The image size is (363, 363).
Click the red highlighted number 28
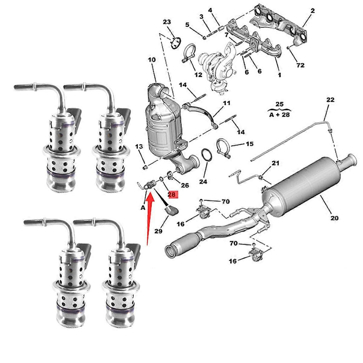pyautogui.click(x=172, y=194)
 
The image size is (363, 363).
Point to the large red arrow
pyautogui.click(x=149, y=216)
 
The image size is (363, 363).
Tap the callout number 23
pyautogui.click(x=167, y=22)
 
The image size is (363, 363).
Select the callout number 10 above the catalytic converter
pyautogui.click(x=152, y=60)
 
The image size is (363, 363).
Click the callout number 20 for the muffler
pyautogui.click(x=334, y=218)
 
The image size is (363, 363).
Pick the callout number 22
pyautogui.click(x=330, y=100)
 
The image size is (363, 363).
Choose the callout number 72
pyautogui.click(x=301, y=65)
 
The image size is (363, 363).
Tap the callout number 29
pyautogui.click(x=158, y=231)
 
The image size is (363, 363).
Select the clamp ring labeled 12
pyautogui.click(x=190, y=52)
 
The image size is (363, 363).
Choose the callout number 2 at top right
pyautogui.click(x=312, y=11)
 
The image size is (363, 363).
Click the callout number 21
pyautogui.click(x=275, y=163)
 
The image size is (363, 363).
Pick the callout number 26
pyautogui.click(x=185, y=185)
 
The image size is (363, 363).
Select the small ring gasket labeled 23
pyautogui.click(x=175, y=44)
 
